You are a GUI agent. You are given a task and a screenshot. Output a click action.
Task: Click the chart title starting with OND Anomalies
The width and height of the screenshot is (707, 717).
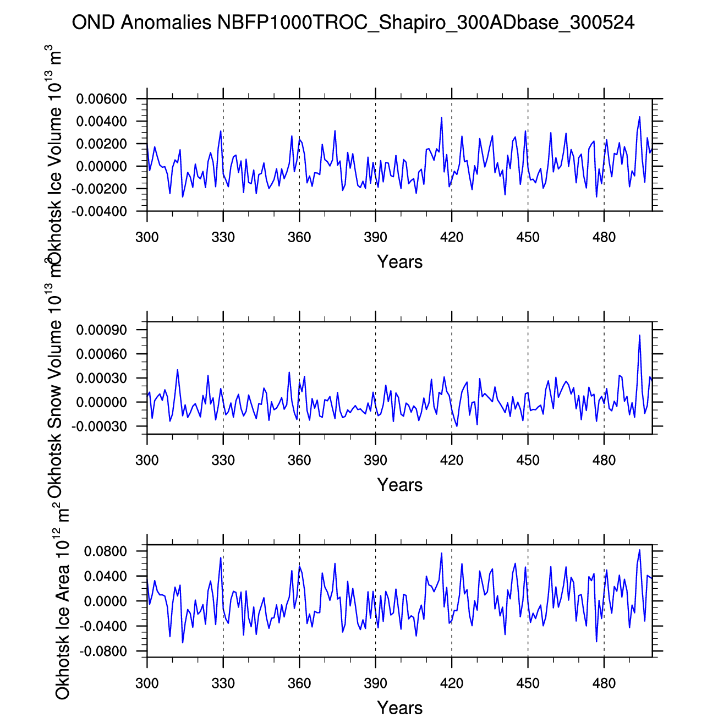pyautogui.click(x=353, y=23)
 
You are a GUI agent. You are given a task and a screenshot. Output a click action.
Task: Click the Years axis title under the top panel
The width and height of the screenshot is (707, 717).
pyautogui.click(x=399, y=262)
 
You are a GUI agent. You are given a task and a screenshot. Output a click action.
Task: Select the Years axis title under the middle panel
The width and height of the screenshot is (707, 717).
pyautogui.click(x=399, y=485)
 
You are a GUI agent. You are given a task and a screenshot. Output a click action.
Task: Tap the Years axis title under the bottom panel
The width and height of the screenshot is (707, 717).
pyautogui.click(x=399, y=708)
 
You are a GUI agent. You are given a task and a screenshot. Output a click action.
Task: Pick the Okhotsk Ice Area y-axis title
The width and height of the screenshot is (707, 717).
pyautogui.click(x=62, y=603)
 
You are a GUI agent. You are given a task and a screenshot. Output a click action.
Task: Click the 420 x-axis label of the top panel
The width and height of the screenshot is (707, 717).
pyautogui.click(x=452, y=238)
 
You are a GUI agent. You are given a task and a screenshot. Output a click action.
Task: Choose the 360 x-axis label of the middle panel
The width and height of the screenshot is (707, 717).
pyautogui.click(x=299, y=460)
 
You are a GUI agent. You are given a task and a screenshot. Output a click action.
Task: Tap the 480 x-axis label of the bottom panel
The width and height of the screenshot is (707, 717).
pyautogui.click(x=604, y=683)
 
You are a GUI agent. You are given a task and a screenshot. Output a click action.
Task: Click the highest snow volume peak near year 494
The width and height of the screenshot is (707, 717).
pyautogui.click(x=639, y=335)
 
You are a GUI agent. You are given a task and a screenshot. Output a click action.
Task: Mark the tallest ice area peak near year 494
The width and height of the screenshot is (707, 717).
pyautogui.click(x=639, y=550)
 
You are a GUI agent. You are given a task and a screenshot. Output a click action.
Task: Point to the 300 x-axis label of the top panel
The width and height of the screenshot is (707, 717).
pyautogui.click(x=147, y=238)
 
